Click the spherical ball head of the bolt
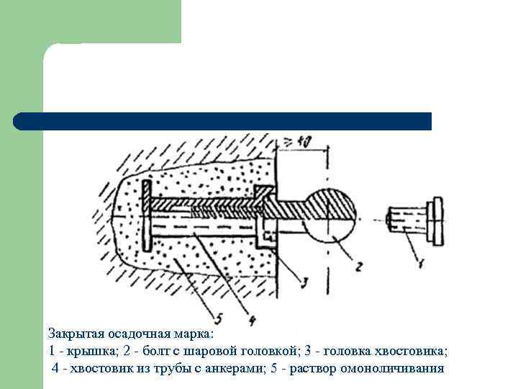coord(330,215)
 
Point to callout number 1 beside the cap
coord(422,262)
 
